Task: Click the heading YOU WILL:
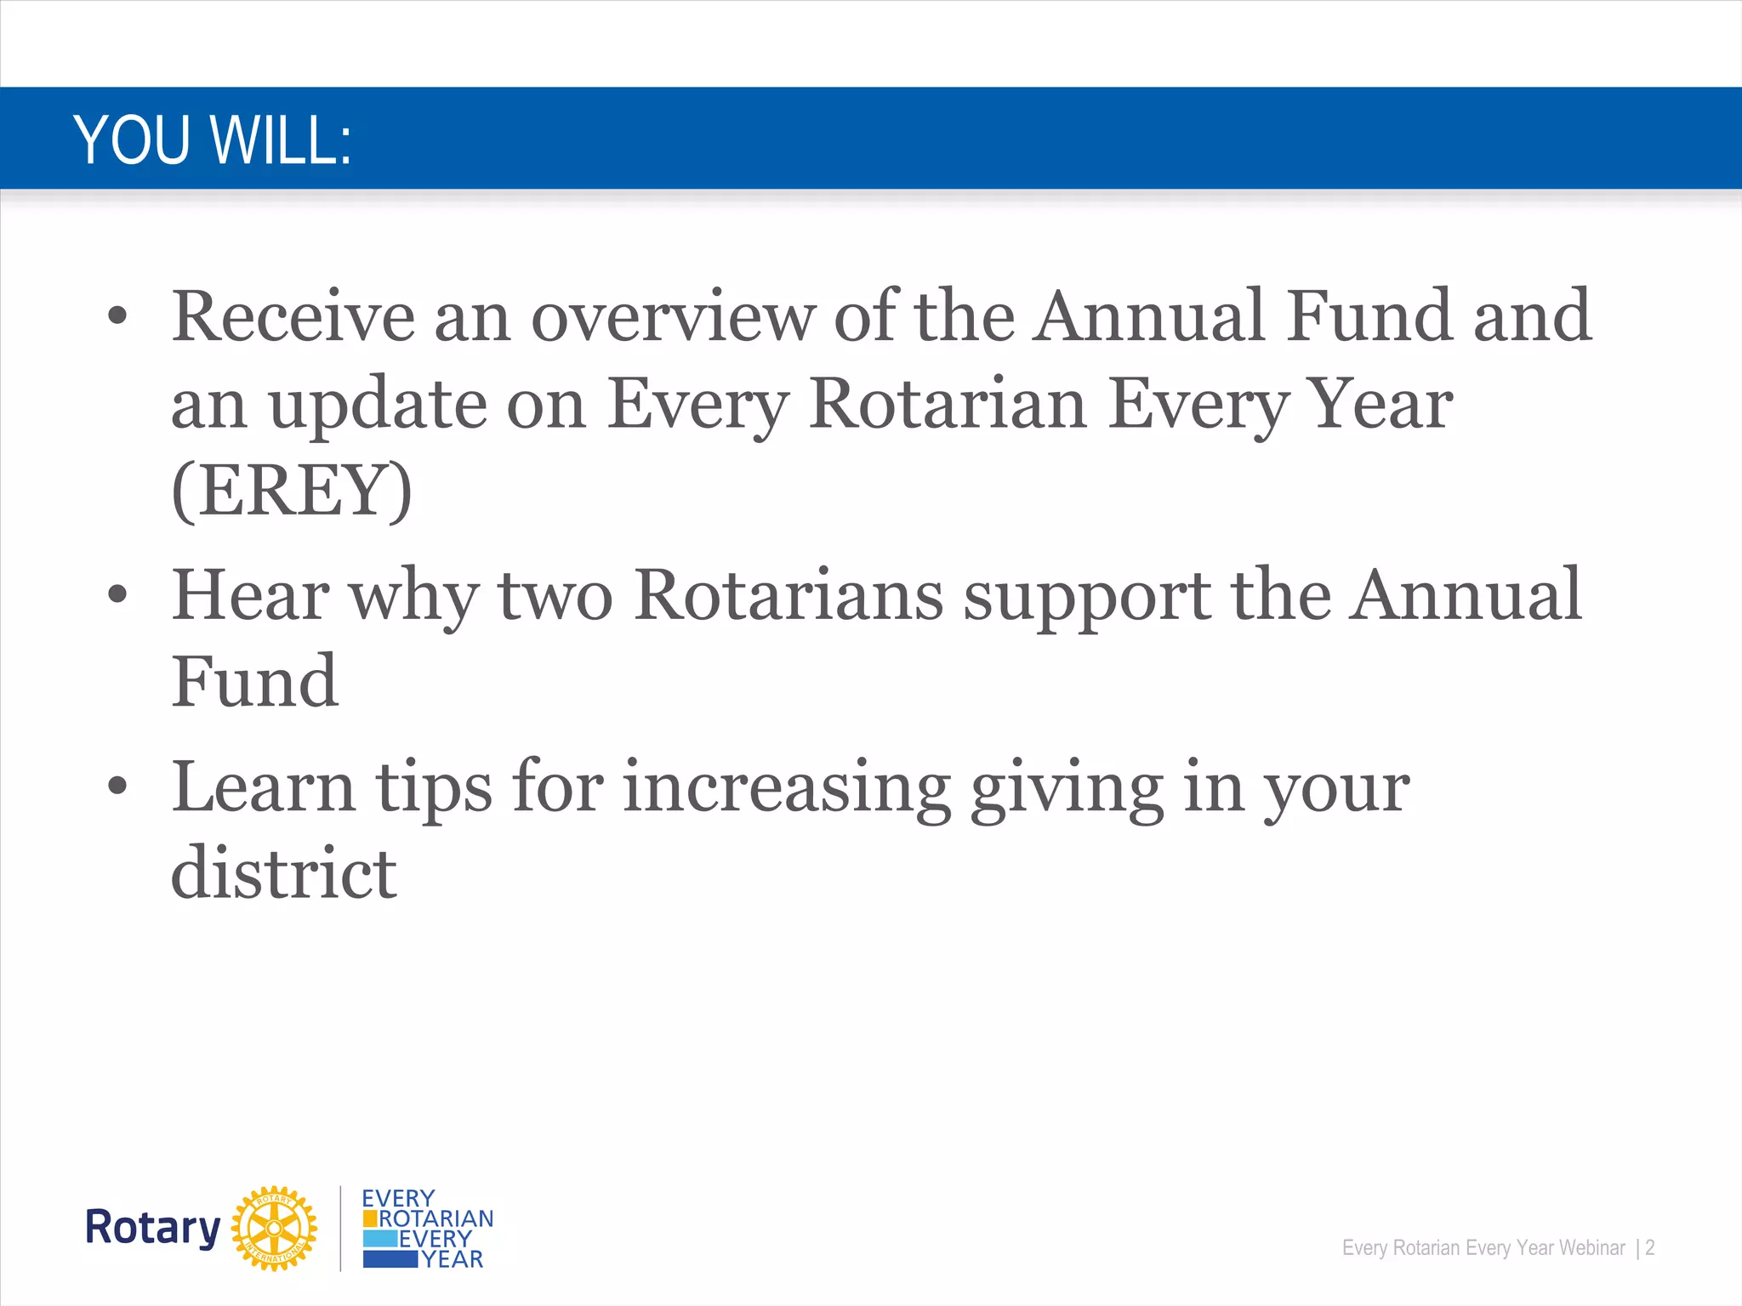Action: coord(213,140)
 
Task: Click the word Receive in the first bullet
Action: coord(293,316)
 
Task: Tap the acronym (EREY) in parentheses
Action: coord(292,491)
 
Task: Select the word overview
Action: coord(672,316)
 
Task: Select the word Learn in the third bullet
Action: coord(263,787)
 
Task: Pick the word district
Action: coord(283,874)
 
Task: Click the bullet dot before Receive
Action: coord(117,317)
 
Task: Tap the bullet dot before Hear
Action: coord(117,595)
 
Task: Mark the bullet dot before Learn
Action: coord(117,787)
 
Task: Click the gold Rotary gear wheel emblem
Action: coord(274,1228)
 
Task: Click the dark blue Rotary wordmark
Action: coord(153,1228)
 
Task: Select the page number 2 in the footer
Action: coord(1649,1247)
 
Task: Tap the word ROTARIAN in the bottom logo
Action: coord(435,1218)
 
